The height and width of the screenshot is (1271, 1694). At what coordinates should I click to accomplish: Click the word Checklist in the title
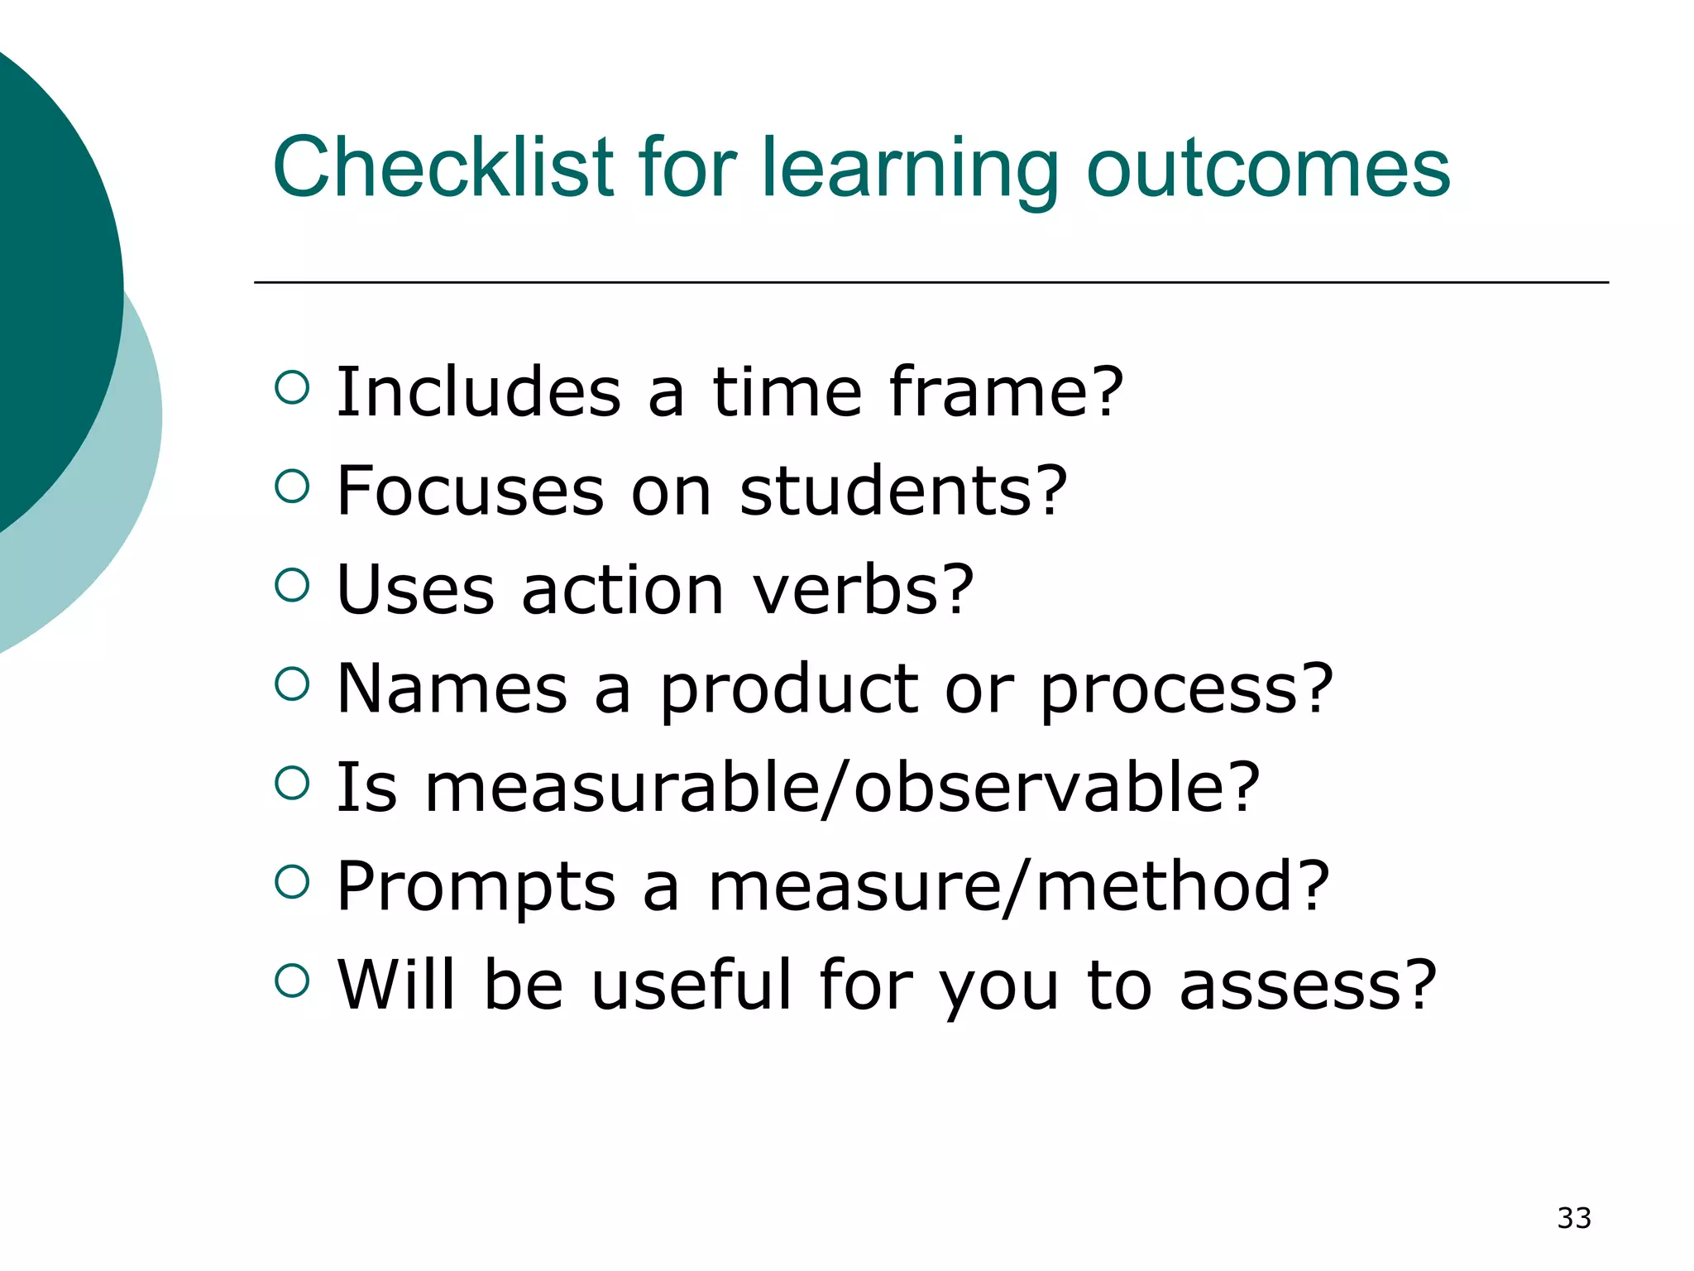pos(443,168)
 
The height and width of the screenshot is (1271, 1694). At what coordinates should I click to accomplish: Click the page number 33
pos(1573,1218)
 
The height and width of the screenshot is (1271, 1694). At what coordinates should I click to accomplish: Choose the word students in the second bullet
pos(902,491)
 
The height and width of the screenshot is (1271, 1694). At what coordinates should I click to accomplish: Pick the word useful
pos(691,985)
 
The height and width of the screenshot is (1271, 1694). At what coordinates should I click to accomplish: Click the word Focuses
pos(470,491)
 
